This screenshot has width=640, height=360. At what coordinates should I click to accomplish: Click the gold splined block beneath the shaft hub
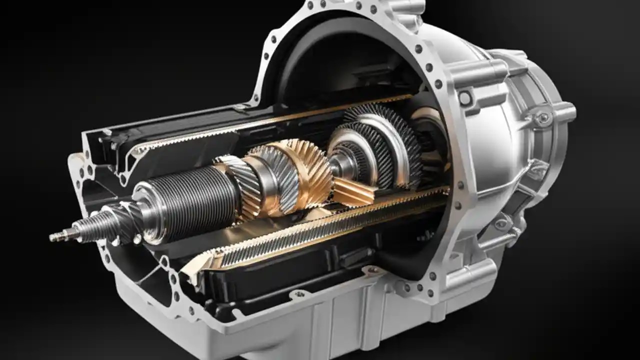(x=352, y=192)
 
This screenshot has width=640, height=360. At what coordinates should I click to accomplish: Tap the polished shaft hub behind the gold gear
(x=337, y=165)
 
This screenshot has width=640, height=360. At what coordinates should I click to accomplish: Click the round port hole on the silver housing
(x=465, y=98)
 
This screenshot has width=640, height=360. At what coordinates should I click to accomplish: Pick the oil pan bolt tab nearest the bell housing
(x=372, y=270)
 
